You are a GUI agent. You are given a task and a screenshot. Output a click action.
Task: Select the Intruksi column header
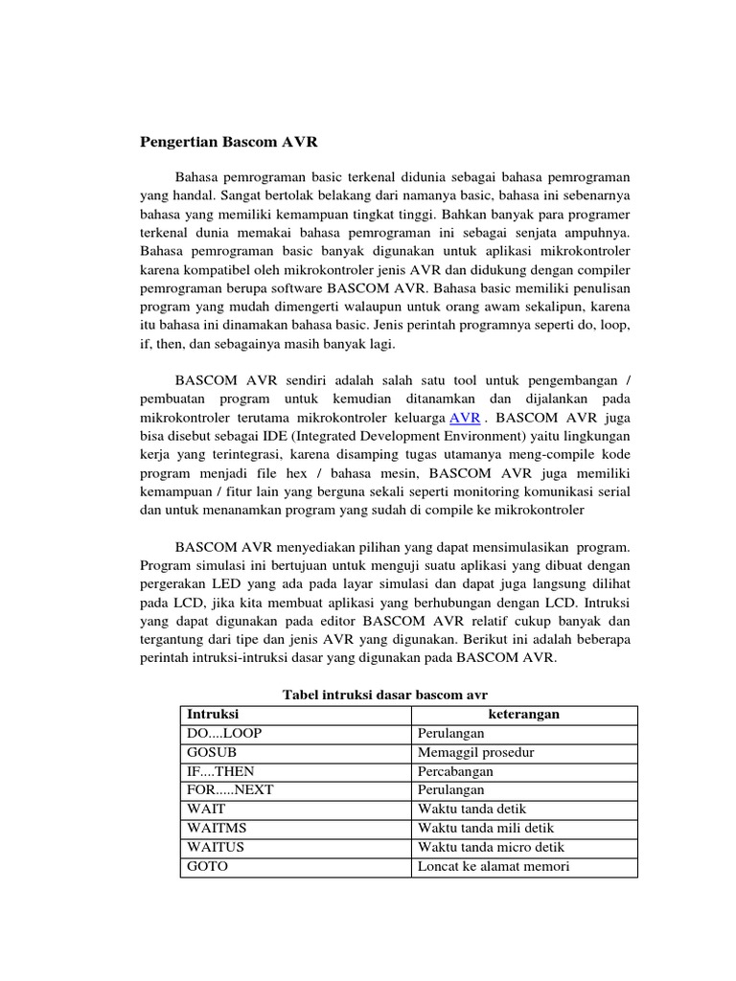tap(213, 715)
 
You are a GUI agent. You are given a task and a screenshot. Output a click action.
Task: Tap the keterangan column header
tap(524, 715)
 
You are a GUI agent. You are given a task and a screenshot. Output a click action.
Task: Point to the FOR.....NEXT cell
tap(229, 790)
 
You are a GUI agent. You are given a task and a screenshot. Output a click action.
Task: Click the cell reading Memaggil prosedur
tap(476, 752)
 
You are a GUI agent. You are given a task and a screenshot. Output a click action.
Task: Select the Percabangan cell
tap(455, 771)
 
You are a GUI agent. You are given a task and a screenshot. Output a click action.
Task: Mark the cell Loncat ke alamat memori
tap(494, 867)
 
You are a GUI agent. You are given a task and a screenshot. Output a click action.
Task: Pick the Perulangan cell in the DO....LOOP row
tap(451, 733)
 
